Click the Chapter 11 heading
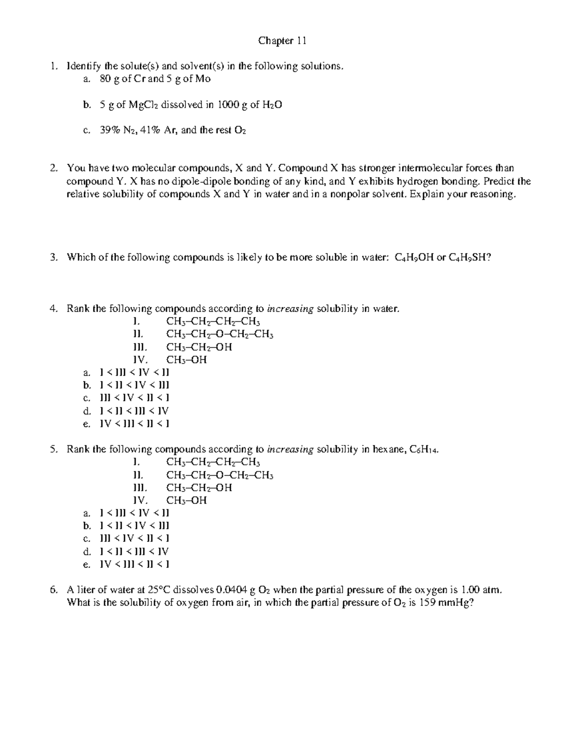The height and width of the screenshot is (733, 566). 282,41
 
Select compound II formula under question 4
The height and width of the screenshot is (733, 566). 220,335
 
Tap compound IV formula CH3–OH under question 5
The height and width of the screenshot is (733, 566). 187,500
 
